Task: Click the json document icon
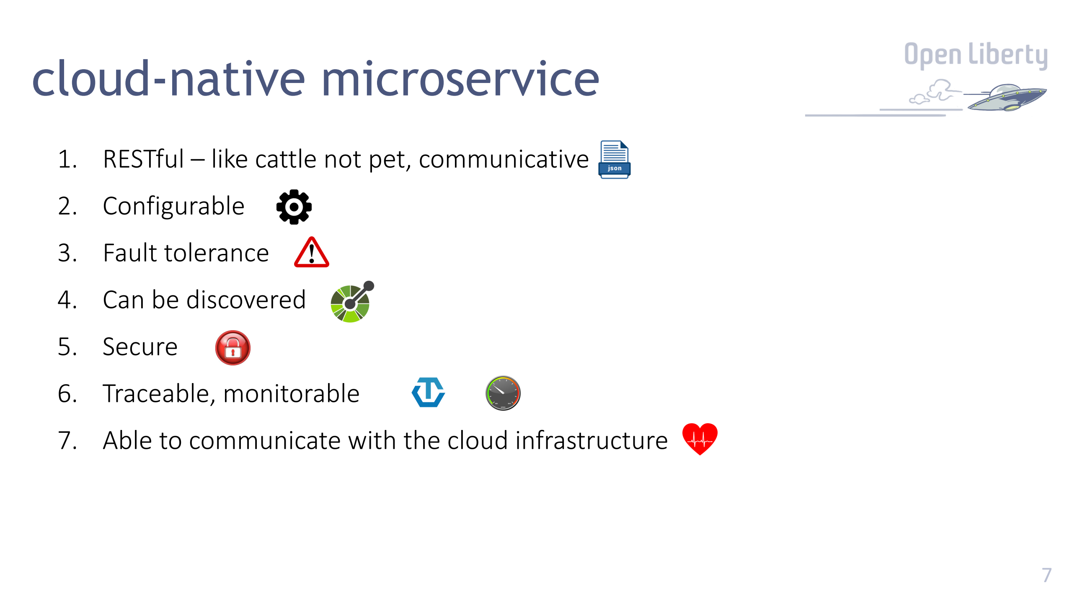pos(614,159)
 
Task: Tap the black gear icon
pos(294,207)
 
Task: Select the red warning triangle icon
pos(311,253)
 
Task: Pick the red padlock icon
pos(232,348)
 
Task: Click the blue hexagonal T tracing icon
pos(428,393)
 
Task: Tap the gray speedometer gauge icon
pos(503,393)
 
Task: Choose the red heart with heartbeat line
pos(700,438)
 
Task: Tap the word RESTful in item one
pos(143,159)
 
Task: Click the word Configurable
pos(173,207)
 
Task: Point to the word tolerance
pos(216,254)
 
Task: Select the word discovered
pos(246,300)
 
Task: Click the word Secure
pos(140,347)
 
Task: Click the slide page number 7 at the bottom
pos(1046,575)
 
